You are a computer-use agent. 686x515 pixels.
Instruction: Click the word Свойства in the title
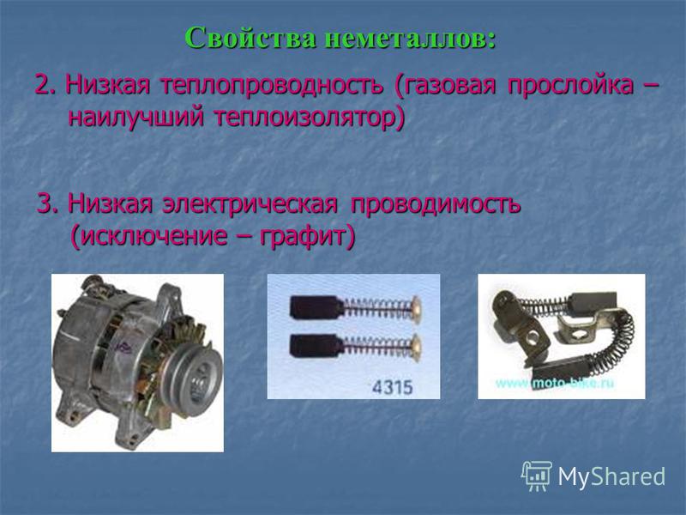click(x=250, y=38)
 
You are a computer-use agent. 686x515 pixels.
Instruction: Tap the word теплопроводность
click(x=272, y=85)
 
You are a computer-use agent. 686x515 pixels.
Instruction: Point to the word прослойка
click(x=570, y=86)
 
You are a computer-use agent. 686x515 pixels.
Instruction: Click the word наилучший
click(x=136, y=118)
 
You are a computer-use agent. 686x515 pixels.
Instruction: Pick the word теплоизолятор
click(x=310, y=118)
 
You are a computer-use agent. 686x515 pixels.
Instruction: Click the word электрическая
click(x=250, y=203)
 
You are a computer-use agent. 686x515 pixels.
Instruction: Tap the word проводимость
click(x=436, y=204)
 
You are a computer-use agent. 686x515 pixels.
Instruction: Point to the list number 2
click(x=45, y=85)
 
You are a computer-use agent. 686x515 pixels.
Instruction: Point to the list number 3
click(x=48, y=204)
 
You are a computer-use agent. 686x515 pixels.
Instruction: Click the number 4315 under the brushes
click(x=392, y=387)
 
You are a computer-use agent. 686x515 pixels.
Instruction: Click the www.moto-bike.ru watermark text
click(x=555, y=384)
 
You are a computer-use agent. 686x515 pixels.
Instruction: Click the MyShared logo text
click(x=611, y=476)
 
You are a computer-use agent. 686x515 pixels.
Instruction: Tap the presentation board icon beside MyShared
click(x=537, y=476)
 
